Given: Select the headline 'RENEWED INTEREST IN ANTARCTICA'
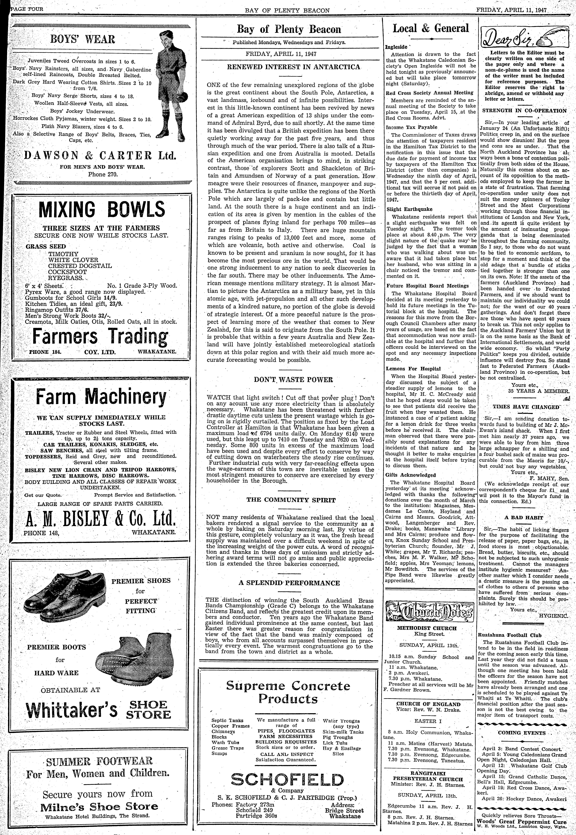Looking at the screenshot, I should click(x=293, y=67).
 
